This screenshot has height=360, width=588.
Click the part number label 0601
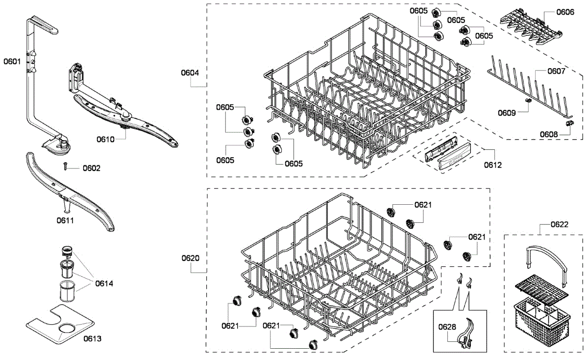click(12, 62)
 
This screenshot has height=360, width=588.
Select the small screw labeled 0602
click(65, 167)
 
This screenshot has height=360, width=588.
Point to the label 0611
click(65, 220)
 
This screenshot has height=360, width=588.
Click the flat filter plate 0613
click(59, 324)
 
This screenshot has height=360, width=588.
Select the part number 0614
click(104, 284)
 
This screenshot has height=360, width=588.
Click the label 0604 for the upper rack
click(190, 73)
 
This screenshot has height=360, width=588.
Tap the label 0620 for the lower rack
click(190, 258)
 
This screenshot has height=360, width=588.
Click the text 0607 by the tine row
click(557, 71)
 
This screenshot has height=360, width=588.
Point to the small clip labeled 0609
click(529, 100)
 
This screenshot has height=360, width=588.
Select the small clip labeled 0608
click(569, 123)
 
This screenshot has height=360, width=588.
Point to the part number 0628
click(447, 327)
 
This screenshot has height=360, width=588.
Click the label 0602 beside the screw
click(92, 168)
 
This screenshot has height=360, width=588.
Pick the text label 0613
click(93, 338)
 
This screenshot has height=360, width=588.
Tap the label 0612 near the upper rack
click(492, 165)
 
